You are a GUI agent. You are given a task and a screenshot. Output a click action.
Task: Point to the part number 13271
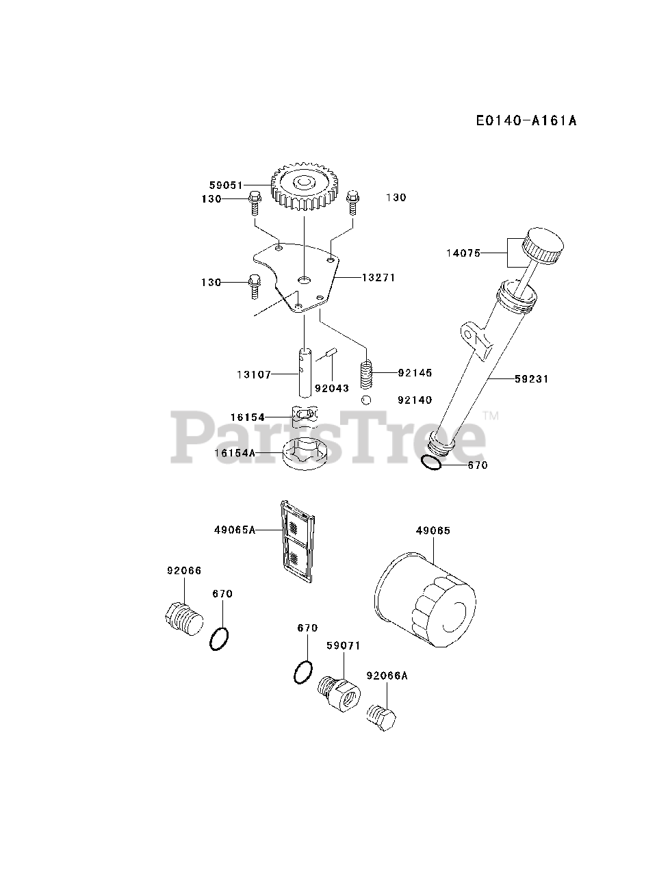[x=378, y=278]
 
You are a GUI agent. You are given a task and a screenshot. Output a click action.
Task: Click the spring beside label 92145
[x=368, y=374]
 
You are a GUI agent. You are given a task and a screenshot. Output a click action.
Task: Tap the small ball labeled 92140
[x=367, y=400]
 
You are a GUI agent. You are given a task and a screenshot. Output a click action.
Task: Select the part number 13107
[x=254, y=374]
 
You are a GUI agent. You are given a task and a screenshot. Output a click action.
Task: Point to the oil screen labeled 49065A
[x=298, y=541]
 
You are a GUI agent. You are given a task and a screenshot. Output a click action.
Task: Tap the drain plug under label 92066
[x=184, y=619]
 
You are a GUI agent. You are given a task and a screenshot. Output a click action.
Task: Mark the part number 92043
[x=332, y=388]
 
